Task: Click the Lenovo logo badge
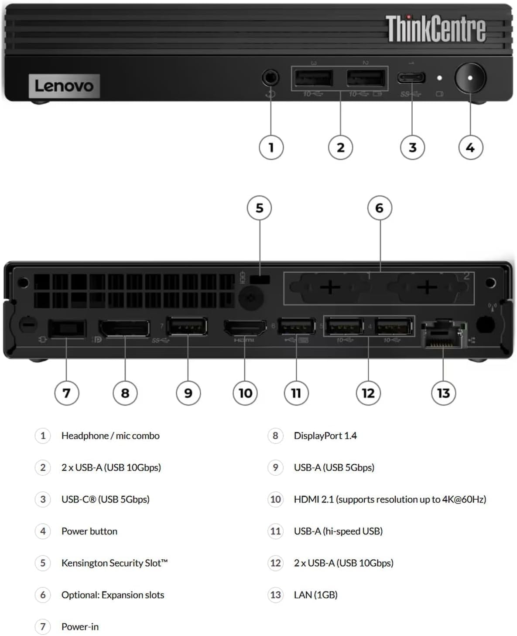click(x=64, y=86)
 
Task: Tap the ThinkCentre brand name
click(x=435, y=29)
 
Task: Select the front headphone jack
click(x=270, y=78)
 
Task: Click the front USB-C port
click(x=411, y=78)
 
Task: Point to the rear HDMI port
click(x=245, y=328)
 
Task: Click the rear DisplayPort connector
click(x=125, y=328)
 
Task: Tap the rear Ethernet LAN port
click(x=442, y=335)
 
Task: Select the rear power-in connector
click(x=67, y=329)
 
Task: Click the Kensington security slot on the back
click(x=260, y=280)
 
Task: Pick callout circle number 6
click(x=380, y=208)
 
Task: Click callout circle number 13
click(x=443, y=393)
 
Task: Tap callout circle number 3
click(x=412, y=148)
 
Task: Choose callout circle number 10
click(x=245, y=393)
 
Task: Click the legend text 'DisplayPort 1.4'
click(x=325, y=436)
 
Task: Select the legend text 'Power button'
click(x=89, y=531)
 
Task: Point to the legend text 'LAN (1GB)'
click(x=315, y=595)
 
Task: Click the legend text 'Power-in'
click(x=80, y=626)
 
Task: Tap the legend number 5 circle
click(x=43, y=563)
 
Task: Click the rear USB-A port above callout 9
click(x=187, y=326)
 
